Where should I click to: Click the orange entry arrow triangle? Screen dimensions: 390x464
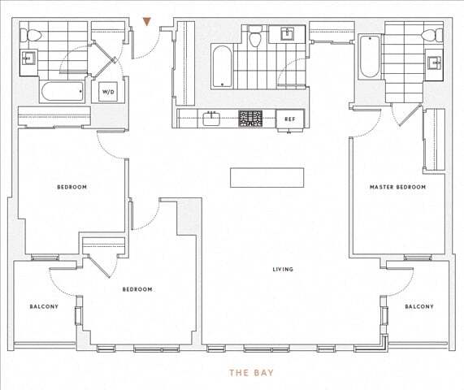click(x=146, y=22)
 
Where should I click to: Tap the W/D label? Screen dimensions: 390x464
click(x=108, y=92)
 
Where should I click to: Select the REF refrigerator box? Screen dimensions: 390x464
click(x=289, y=119)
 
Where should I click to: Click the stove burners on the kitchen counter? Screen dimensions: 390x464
click(x=249, y=119)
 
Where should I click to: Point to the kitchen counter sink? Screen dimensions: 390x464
click(x=212, y=119)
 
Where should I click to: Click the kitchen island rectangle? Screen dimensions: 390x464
click(x=267, y=177)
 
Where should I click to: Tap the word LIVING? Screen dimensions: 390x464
click(x=283, y=270)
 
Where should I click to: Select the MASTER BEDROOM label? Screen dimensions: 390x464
click(x=397, y=187)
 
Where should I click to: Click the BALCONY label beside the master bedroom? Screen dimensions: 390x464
click(x=418, y=306)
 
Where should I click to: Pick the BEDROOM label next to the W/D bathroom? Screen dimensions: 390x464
click(x=72, y=187)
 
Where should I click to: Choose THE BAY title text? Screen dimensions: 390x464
click(x=250, y=373)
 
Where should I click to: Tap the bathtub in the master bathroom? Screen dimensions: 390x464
click(x=370, y=57)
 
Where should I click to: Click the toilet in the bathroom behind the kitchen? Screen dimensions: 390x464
click(x=255, y=37)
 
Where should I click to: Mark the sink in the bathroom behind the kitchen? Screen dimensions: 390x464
click(x=286, y=34)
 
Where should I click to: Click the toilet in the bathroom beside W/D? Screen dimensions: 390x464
click(x=26, y=35)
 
